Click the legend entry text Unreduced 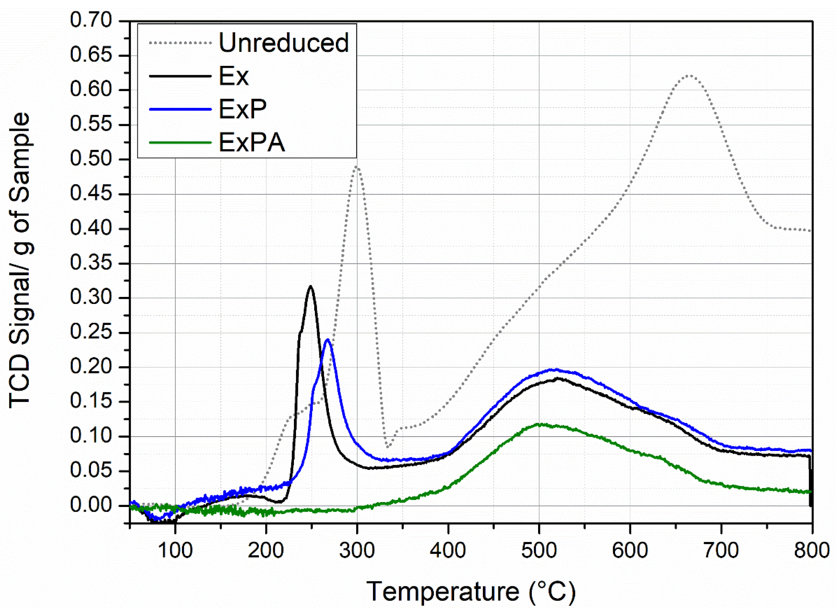(x=284, y=43)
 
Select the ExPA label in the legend (x=252, y=143)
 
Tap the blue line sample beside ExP (x=180, y=109)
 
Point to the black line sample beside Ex (x=180, y=76)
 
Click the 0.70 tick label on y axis (x=91, y=20)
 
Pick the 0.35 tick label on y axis (x=91, y=263)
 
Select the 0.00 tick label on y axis (x=91, y=505)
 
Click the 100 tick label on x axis (x=175, y=551)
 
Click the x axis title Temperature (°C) (x=471, y=592)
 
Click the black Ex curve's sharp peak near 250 (x=310, y=286)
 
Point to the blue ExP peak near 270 (x=327, y=340)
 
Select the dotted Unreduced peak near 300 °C (x=357, y=167)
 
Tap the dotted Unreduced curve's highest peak (x=689, y=76)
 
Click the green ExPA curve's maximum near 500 (x=541, y=424)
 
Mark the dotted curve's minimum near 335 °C (x=387, y=447)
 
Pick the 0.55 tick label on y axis (x=91, y=125)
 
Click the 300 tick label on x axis (x=357, y=551)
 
